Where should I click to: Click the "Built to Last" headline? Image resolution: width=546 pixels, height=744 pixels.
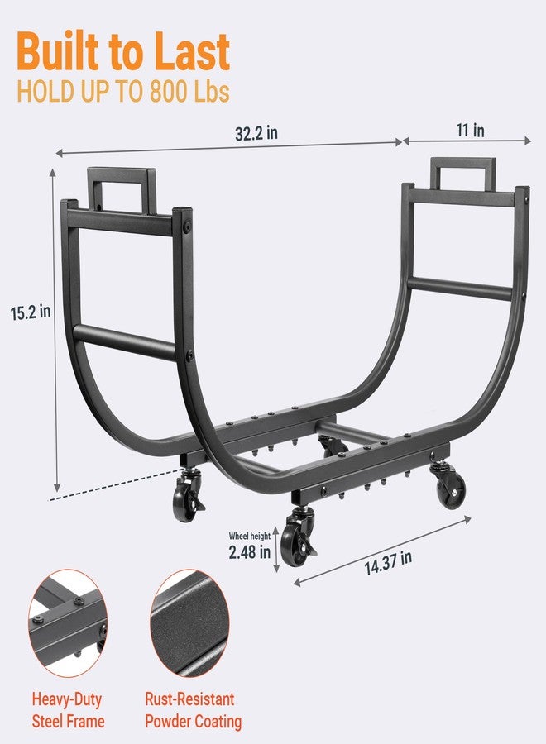(x=123, y=51)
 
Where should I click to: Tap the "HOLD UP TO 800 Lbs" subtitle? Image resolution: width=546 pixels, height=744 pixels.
(x=123, y=92)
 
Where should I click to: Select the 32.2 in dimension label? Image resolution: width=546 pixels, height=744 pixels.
(x=256, y=133)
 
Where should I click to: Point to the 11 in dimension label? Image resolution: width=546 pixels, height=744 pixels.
(x=470, y=130)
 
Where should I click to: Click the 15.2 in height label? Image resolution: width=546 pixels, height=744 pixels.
(x=31, y=312)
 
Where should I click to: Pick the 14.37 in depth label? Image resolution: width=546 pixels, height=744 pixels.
(x=388, y=563)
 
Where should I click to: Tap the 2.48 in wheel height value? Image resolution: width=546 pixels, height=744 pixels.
(x=249, y=552)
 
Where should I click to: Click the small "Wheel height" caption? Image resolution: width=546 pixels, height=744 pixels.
(x=249, y=537)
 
